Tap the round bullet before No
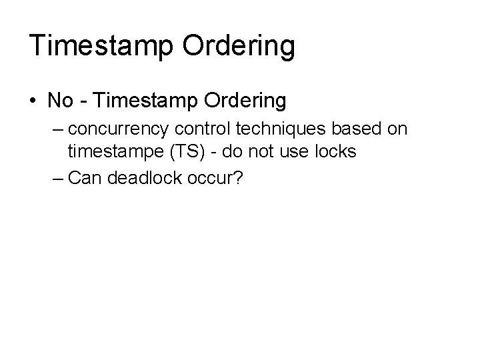33,101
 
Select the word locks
335,151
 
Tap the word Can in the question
84,178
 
